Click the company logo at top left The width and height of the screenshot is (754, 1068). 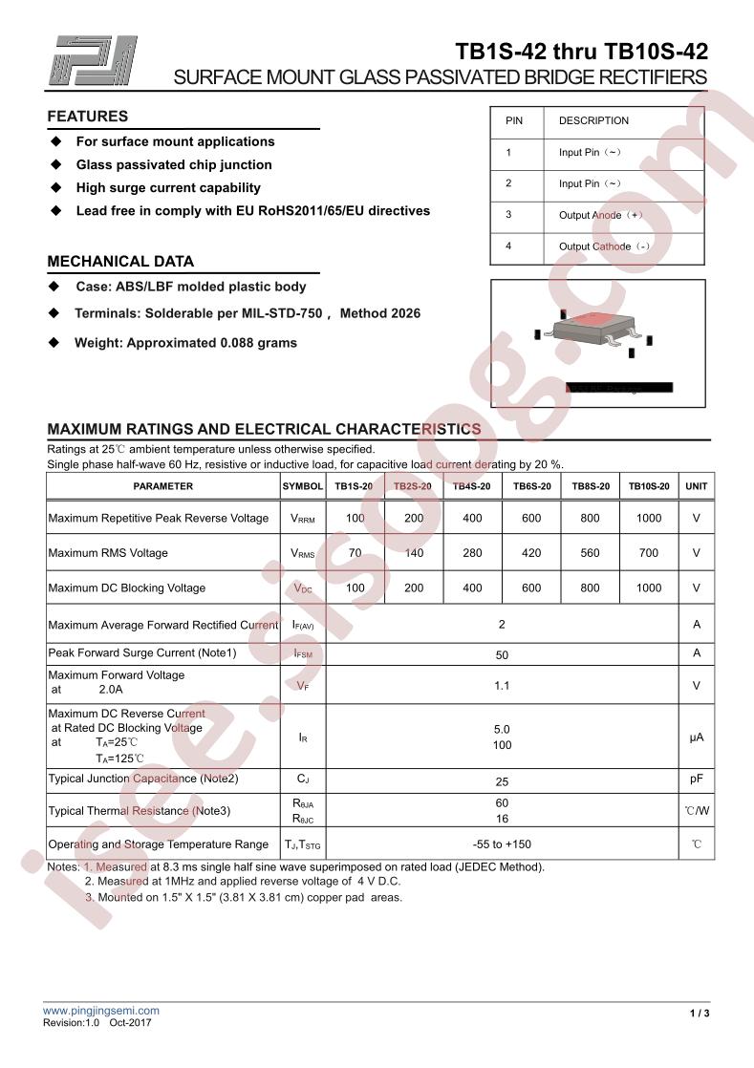tap(95, 60)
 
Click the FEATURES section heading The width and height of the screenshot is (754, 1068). tap(88, 117)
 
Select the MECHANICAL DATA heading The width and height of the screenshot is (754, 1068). tap(120, 261)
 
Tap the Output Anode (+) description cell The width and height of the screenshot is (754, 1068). tap(601, 215)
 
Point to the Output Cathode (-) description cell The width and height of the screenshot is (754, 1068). tap(604, 246)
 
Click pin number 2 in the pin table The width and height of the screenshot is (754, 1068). tap(508, 183)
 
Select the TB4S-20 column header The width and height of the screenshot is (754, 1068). tap(472, 486)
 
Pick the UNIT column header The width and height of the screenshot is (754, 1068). tap(697, 486)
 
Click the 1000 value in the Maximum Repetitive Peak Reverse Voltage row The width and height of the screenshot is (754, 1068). tap(648, 518)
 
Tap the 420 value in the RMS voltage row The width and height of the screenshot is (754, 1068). tap(531, 552)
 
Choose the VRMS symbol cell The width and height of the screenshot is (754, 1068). tap(303, 553)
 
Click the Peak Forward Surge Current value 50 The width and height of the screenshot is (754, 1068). tap(502, 655)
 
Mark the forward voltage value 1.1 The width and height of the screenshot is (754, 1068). tap(502, 686)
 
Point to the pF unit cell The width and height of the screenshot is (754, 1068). tap(697, 779)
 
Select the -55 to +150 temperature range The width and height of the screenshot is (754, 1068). tap(502, 844)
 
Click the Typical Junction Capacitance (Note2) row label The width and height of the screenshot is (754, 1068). tap(143, 779)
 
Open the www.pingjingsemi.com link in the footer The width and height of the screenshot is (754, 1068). tap(101, 1010)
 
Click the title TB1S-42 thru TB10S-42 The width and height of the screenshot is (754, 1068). tap(581, 52)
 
